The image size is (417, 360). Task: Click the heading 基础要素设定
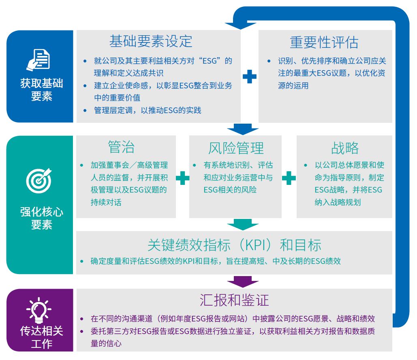pos(150,41)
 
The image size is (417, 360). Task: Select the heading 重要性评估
pos(324,42)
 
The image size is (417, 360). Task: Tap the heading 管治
pos(122,147)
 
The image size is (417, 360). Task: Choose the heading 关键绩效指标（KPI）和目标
pos(234,245)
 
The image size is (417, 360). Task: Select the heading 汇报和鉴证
pos(234,300)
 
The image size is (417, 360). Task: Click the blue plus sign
pos(249,76)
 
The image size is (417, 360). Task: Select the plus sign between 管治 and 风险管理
pos(182,178)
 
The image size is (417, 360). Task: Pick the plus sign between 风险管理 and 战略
pos(289,178)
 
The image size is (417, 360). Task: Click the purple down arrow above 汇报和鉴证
pos(243,281)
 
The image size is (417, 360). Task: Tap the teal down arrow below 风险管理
pos(243,224)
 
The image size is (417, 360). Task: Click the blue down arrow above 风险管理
pos(243,129)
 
